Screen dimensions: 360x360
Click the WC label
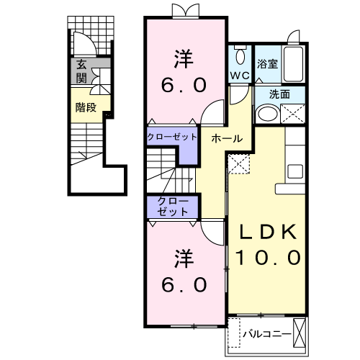pyautogui.click(x=240, y=76)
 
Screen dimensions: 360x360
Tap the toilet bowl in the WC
pyautogui.click(x=240, y=57)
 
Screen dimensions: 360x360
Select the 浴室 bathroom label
pyautogui.click(x=267, y=64)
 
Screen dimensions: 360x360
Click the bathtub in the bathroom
pyautogui.click(x=293, y=64)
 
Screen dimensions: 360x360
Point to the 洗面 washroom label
pyautogui.click(x=279, y=94)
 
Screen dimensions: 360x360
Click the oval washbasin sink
pyautogui.click(x=267, y=114)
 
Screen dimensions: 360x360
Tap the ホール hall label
pyautogui.click(x=227, y=138)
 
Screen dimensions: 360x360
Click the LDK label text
pyautogui.click(x=268, y=232)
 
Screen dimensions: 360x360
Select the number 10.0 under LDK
pyautogui.click(x=268, y=257)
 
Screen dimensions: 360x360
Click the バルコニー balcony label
pyautogui.click(x=267, y=334)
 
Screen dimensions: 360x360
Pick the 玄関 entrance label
pyautogui.click(x=81, y=71)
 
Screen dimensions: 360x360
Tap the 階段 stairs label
pyautogui.click(x=86, y=107)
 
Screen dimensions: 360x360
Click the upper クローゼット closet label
pyautogui.click(x=172, y=137)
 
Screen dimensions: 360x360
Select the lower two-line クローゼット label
pyautogui.click(x=173, y=207)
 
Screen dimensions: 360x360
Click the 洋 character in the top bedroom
pyautogui.click(x=184, y=59)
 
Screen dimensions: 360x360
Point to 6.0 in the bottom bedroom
pyautogui.click(x=184, y=284)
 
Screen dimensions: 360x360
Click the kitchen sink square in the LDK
pyautogui.click(x=295, y=171)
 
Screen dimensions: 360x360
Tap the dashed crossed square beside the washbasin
pyautogui.click(x=293, y=114)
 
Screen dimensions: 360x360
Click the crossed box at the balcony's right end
pyautogui.click(x=300, y=333)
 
